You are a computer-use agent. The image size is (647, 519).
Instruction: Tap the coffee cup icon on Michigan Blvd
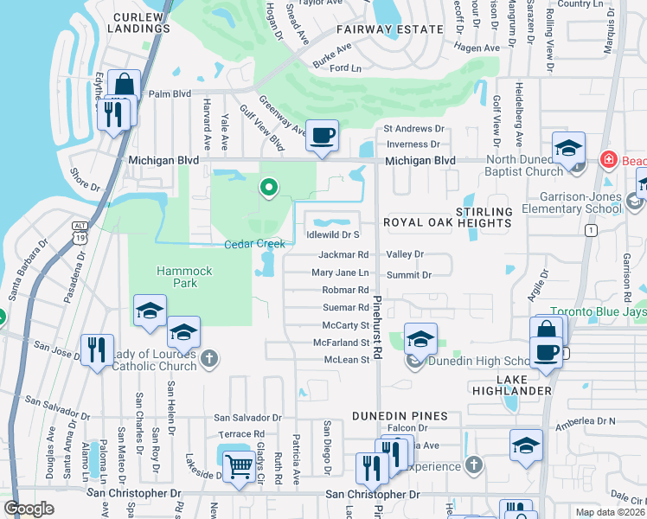pyautogui.click(x=322, y=136)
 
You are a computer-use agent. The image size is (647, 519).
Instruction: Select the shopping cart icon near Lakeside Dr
pyautogui.click(x=239, y=467)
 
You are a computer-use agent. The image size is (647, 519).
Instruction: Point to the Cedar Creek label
pyautogui.click(x=254, y=245)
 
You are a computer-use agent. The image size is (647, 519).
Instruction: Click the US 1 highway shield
pyautogui.click(x=590, y=230)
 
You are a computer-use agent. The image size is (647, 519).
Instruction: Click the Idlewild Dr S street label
pyautogui.click(x=333, y=234)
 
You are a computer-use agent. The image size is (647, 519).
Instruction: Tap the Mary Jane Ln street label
pyautogui.click(x=340, y=272)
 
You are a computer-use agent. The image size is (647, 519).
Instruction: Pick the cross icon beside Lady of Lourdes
pyautogui.click(x=208, y=358)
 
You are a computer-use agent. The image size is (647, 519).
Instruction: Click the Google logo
pyautogui.click(x=29, y=509)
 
